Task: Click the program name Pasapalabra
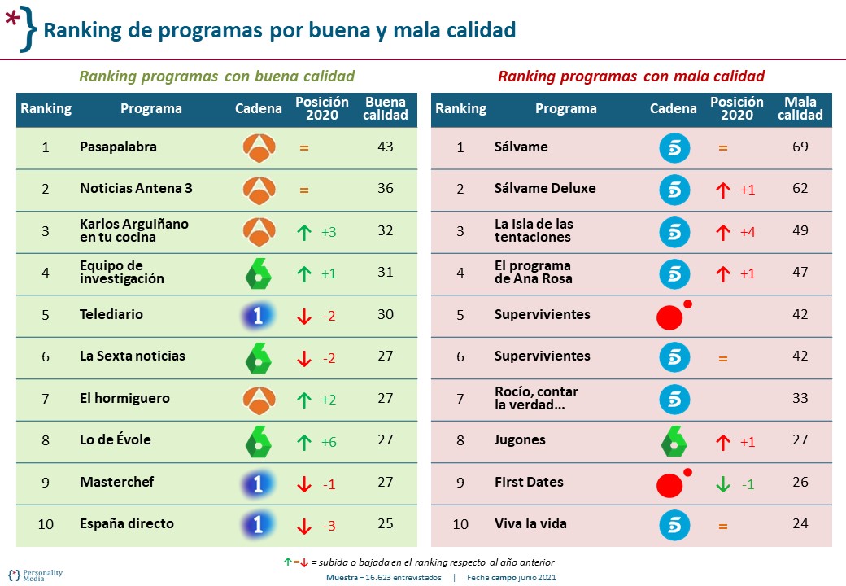click(118, 147)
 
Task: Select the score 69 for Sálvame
click(800, 147)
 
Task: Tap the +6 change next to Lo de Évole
click(329, 442)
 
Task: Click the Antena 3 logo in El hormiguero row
click(259, 399)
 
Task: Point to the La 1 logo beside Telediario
click(259, 316)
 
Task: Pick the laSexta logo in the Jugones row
click(674, 441)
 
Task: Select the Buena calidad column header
click(386, 109)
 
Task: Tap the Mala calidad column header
click(800, 109)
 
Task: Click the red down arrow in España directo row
click(304, 526)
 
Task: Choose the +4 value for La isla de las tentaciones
click(747, 232)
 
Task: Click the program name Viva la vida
click(530, 523)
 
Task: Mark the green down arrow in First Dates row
click(722, 483)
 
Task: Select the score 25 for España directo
click(385, 523)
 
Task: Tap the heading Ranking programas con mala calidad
click(630, 77)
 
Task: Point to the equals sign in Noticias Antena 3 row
click(304, 190)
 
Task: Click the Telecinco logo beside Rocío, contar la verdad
click(674, 399)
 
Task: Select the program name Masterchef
click(118, 482)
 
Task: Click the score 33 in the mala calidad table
click(800, 398)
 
